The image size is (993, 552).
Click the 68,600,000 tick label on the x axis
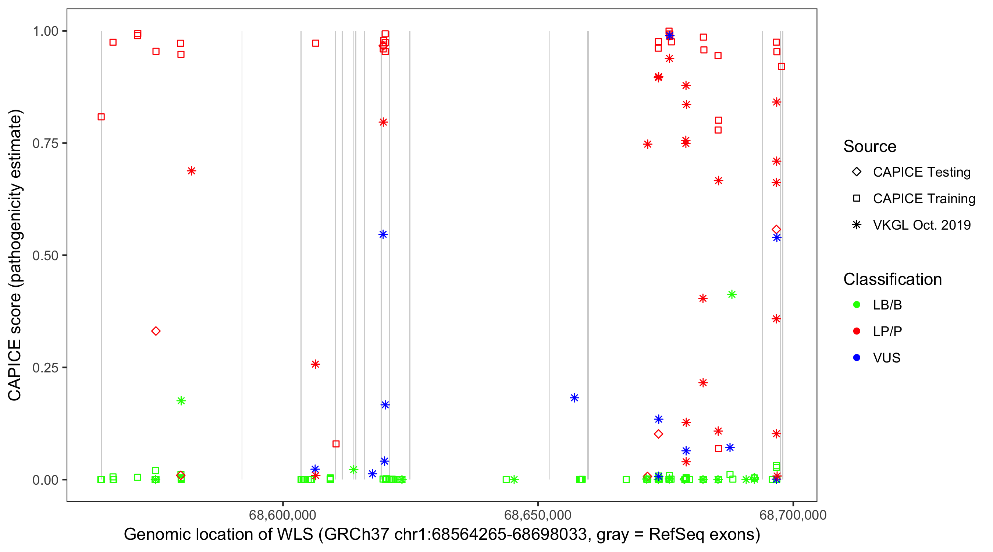tap(282, 514)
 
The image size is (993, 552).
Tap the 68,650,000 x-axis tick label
tap(537, 514)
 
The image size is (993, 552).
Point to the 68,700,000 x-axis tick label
tap(793, 514)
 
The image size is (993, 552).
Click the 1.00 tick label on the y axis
tap(45, 31)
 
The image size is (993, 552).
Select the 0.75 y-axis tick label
tap(45, 144)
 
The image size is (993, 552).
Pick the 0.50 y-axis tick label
tap(45, 256)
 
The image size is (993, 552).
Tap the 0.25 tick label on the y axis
tap(45, 368)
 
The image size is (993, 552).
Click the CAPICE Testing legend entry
tap(921, 172)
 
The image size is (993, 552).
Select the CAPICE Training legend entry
tap(923, 199)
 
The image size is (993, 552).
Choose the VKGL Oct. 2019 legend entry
tap(921, 225)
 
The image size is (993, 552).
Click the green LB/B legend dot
tap(857, 305)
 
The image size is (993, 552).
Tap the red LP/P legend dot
tap(857, 331)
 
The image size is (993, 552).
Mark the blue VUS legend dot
tap(857, 358)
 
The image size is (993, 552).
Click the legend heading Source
tap(869, 146)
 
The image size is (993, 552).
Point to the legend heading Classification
tap(892, 279)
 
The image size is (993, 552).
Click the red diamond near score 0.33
tap(156, 331)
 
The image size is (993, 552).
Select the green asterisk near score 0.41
tap(731, 295)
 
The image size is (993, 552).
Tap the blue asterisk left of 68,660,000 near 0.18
tap(574, 398)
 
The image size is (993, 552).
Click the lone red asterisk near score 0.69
tap(191, 171)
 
